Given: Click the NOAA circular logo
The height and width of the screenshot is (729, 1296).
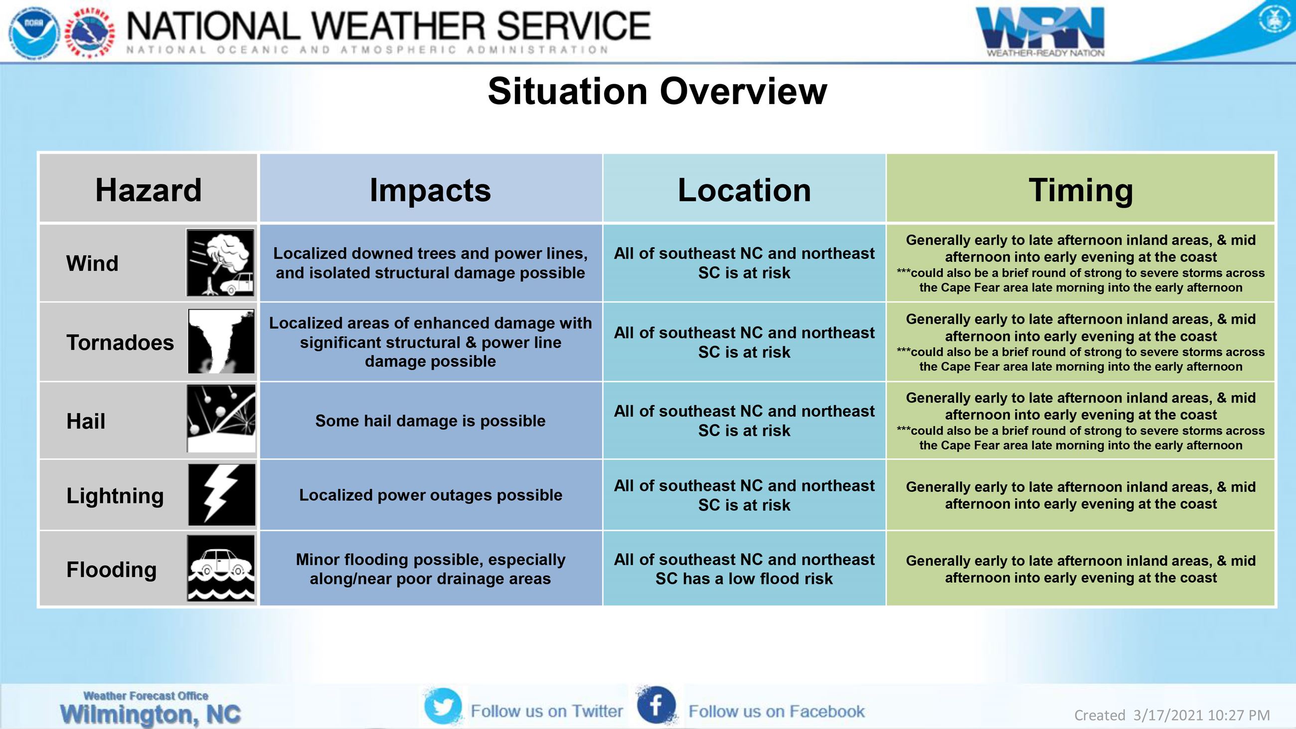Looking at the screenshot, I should pyautogui.click(x=34, y=31).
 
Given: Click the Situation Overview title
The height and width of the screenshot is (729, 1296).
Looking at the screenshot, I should pyautogui.click(x=657, y=91).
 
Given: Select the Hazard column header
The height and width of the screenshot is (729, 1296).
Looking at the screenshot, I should pyautogui.click(x=149, y=189).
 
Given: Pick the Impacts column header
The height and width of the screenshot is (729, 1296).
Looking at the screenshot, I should pyautogui.click(x=430, y=189).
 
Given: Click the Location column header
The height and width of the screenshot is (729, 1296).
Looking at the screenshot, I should pyautogui.click(x=744, y=189).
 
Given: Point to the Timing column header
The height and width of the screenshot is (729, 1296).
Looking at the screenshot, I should pyautogui.click(x=1081, y=189).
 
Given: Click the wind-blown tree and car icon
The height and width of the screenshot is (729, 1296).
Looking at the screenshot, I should pyautogui.click(x=220, y=263).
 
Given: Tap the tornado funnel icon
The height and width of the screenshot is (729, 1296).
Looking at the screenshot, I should pyautogui.click(x=221, y=341).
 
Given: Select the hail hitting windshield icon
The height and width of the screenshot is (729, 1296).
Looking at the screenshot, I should pyautogui.click(x=221, y=418).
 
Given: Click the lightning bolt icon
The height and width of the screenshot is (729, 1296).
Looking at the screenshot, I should pyautogui.click(x=221, y=495).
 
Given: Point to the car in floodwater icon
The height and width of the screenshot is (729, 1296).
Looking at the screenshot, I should pyautogui.click(x=221, y=568).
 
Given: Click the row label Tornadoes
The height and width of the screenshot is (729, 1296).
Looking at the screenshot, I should pyautogui.click(x=120, y=343).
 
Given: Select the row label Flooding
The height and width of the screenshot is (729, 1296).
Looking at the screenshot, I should pyautogui.click(x=111, y=569).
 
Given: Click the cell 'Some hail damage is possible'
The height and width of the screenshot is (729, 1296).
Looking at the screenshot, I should pyautogui.click(x=430, y=421).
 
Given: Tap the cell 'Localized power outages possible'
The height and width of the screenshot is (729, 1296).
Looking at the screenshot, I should pyautogui.click(x=430, y=495).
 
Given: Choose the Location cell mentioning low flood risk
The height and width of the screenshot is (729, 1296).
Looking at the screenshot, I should pyautogui.click(x=744, y=569).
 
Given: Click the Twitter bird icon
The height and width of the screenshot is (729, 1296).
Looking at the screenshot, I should pyautogui.click(x=443, y=707).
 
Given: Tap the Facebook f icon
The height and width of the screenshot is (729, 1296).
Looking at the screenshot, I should pyautogui.click(x=655, y=706).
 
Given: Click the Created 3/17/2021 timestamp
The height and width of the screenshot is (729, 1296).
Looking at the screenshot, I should pyautogui.click(x=1172, y=715).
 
